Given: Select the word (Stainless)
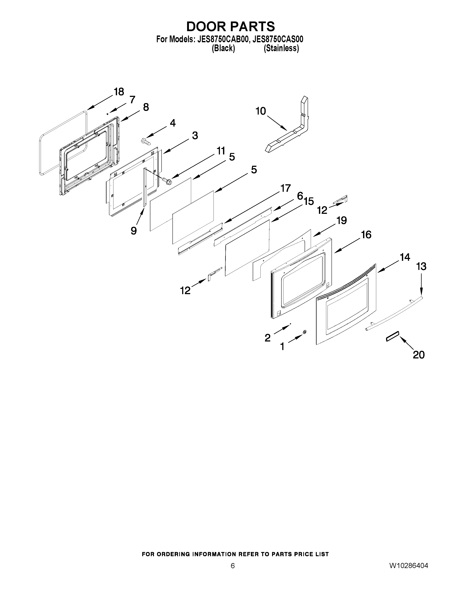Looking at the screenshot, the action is (281, 48).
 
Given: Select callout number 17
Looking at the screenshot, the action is (285, 188).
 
